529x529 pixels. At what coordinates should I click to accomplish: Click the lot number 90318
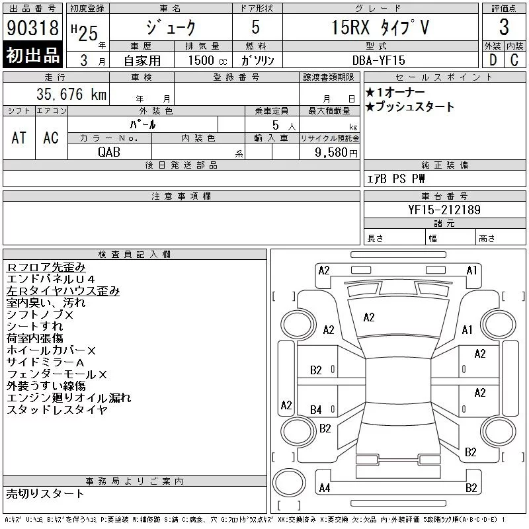pyautogui.click(x=32, y=28)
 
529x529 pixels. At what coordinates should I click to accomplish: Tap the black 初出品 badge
pyautogui.click(x=32, y=56)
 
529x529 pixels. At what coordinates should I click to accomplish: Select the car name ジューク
pyautogui.click(x=171, y=28)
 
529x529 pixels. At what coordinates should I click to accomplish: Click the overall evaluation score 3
pyautogui.click(x=504, y=28)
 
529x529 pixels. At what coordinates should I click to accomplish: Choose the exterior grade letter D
pyautogui.click(x=493, y=60)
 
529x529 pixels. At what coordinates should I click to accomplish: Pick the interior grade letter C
pyautogui.click(x=514, y=60)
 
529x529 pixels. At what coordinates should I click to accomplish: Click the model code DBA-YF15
pyautogui.click(x=380, y=60)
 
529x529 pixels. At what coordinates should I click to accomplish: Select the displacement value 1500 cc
pyautogui.click(x=200, y=60)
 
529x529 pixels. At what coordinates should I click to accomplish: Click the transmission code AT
pyautogui.click(x=19, y=138)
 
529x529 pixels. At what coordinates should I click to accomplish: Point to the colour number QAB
pyautogui.click(x=109, y=151)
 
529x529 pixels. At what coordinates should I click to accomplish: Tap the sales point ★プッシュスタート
pyautogui.click(x=410, y=106)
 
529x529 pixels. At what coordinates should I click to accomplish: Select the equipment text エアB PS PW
pyautogui.click(x=397, y=179)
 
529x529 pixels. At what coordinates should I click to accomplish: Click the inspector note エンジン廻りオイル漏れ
pyautogui.click(x=69, y=397)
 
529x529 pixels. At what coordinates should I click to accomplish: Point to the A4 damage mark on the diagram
pyautogui.click(x=324, y=488)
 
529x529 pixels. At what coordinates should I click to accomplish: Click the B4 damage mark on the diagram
pyautogui.click(x=316, y=410)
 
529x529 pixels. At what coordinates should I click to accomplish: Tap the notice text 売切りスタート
pyautogui.click(x=46, y=493)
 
